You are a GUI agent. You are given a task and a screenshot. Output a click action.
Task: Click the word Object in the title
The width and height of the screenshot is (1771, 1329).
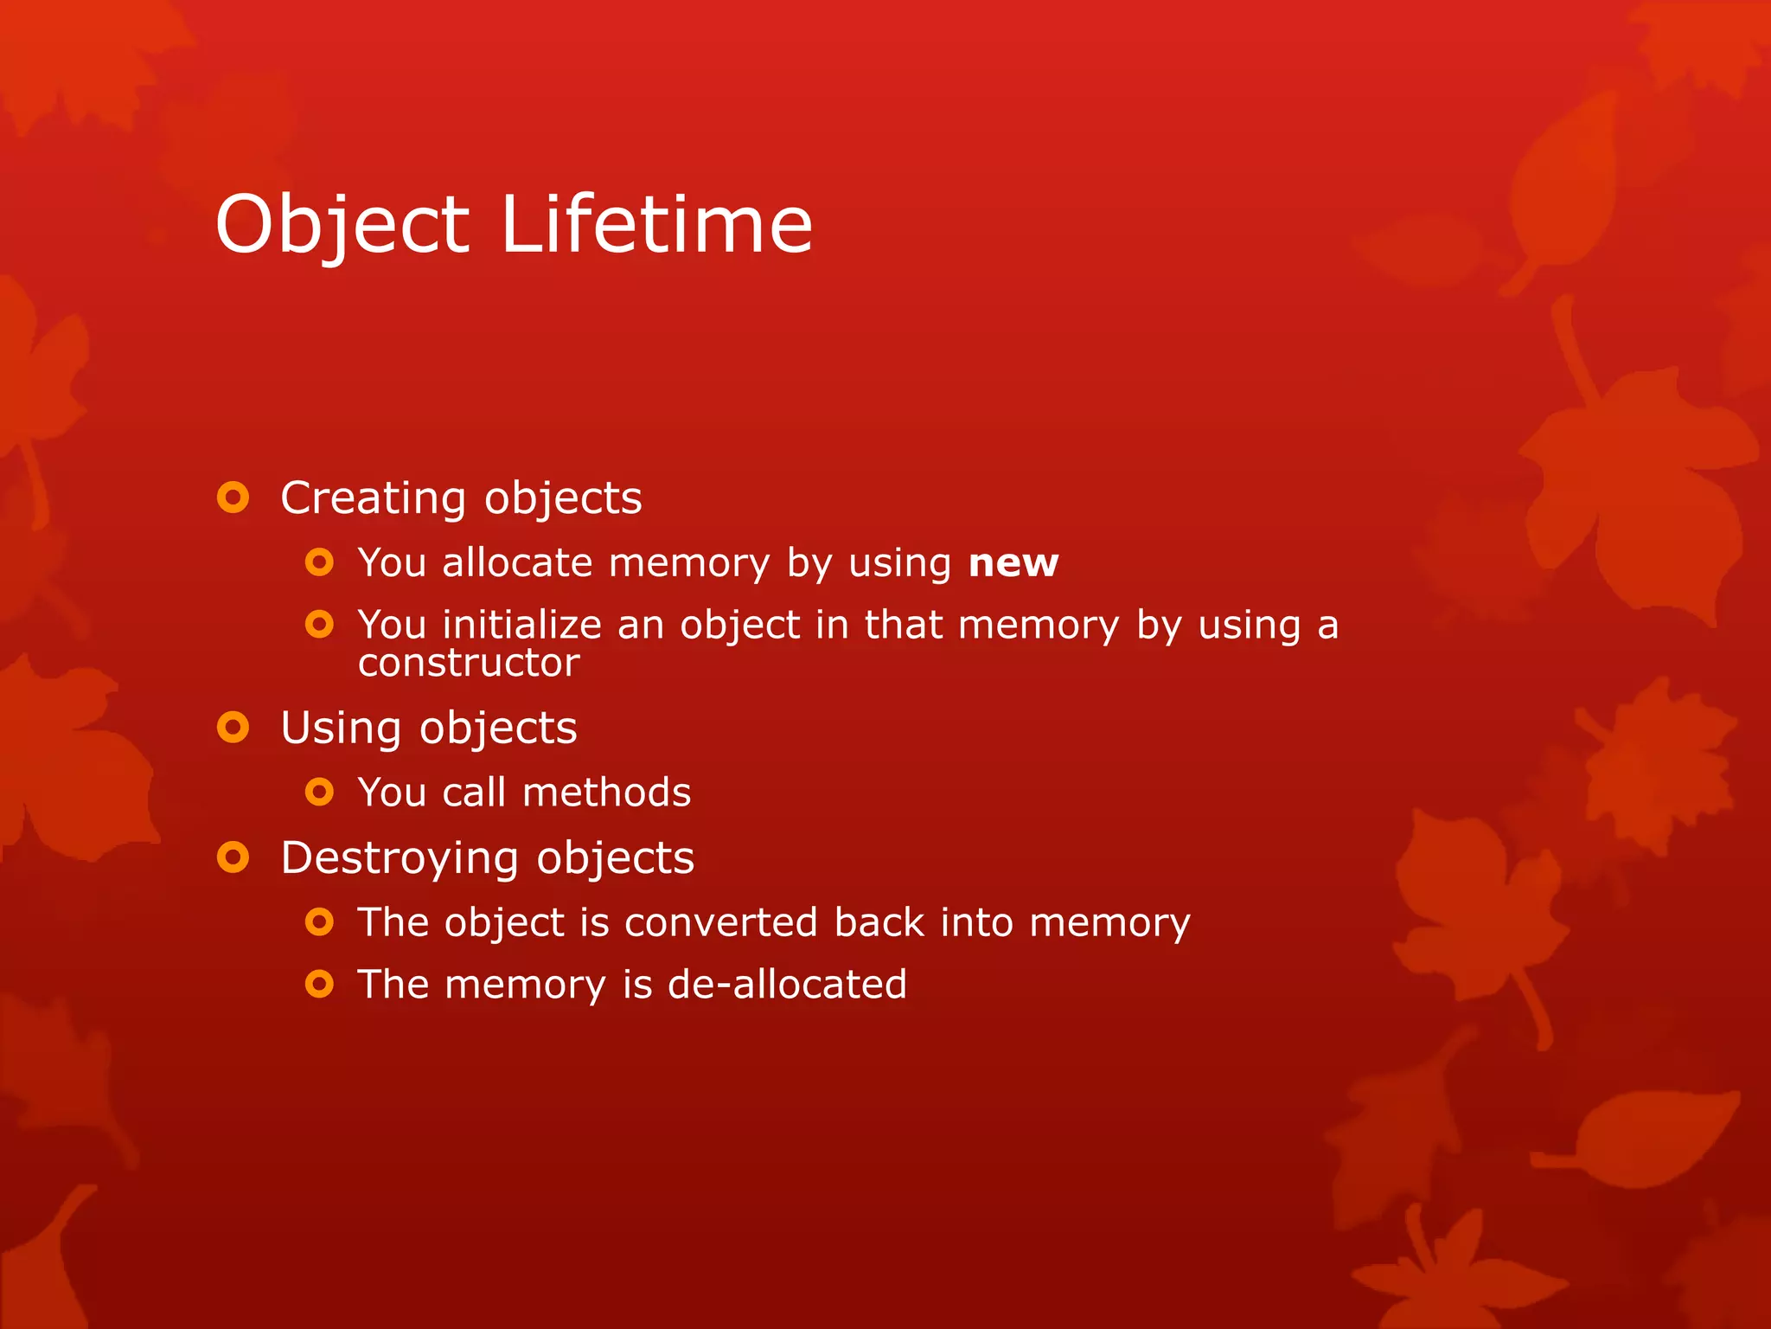[342, 225]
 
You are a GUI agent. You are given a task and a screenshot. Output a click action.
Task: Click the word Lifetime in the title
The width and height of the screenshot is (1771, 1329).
[656, 225]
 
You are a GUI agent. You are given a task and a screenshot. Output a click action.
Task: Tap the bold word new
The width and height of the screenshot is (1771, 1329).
[1013, 563]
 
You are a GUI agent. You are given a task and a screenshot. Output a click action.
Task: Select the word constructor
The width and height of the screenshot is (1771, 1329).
[469, 664]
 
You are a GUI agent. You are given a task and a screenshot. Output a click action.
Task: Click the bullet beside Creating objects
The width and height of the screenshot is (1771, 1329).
[233, 498]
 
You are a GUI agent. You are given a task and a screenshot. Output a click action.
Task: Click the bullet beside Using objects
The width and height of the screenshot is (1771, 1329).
[233, 727]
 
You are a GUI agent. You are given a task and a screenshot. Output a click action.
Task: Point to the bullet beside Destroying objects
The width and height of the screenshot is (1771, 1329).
[233, 857]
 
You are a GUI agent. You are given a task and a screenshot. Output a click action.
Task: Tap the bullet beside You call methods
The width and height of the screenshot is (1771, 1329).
[319, 792]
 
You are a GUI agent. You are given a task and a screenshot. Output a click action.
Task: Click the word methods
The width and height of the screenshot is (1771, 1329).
[607, 793]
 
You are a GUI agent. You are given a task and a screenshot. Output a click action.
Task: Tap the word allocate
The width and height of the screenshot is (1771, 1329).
[517, 563]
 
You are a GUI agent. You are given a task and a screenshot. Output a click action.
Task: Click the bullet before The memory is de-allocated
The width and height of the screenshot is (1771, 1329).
[319, 984]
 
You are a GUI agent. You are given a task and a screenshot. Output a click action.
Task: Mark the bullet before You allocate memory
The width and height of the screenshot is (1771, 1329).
[319, 562]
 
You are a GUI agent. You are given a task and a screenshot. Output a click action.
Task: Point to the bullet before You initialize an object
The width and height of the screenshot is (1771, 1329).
[319, 624]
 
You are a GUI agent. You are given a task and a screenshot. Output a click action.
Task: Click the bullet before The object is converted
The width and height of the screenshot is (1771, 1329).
[319, 921]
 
